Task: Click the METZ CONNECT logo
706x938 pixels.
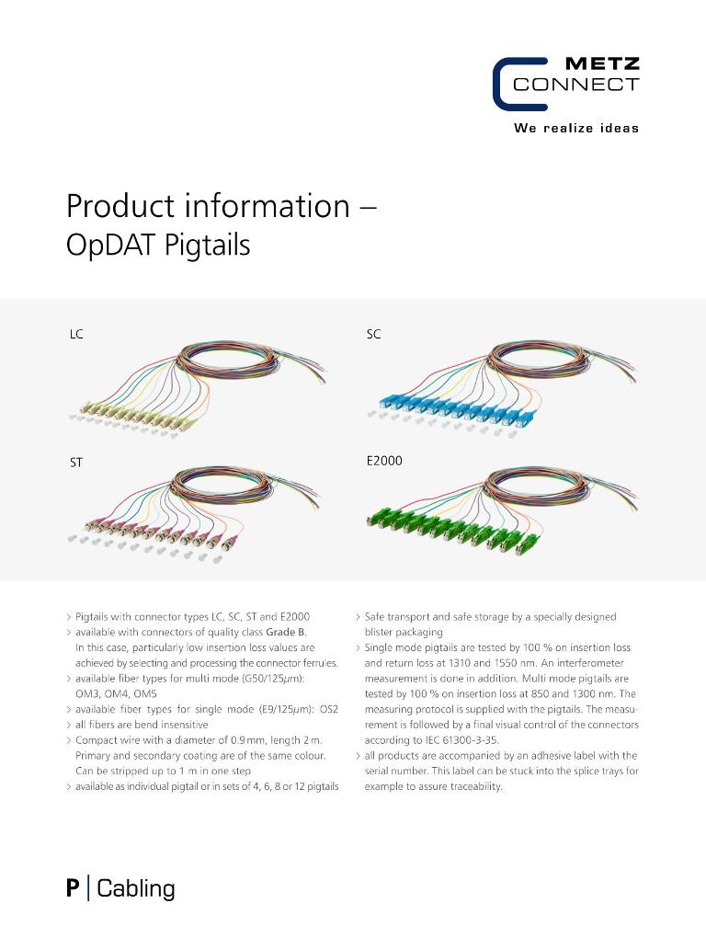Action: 565,84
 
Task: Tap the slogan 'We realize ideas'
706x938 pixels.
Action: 575,128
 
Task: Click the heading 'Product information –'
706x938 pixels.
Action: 221,206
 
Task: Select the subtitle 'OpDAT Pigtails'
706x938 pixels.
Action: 158,246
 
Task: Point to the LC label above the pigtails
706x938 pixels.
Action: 76,335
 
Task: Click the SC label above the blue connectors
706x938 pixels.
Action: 373,335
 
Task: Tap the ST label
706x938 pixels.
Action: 76,463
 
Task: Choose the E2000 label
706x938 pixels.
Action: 384,461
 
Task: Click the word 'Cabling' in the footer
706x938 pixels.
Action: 135,888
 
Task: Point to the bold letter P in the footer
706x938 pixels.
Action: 73,888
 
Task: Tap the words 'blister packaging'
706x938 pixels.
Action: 404,632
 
